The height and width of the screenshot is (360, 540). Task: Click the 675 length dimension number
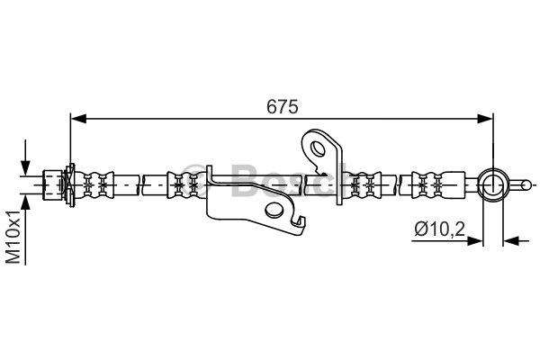click(x=282, y=106)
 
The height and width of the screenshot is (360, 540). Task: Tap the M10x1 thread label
click(x=14, y=237)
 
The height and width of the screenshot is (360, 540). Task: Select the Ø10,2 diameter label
click(x=440, y=229)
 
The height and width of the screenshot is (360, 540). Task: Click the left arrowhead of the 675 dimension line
click(x=78, y=119)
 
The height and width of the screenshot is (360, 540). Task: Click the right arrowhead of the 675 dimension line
click(x=485, y=119)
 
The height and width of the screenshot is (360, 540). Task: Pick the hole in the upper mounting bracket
click(x=318, y=148)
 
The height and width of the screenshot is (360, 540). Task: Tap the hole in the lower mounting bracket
click(x=274, y=210)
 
